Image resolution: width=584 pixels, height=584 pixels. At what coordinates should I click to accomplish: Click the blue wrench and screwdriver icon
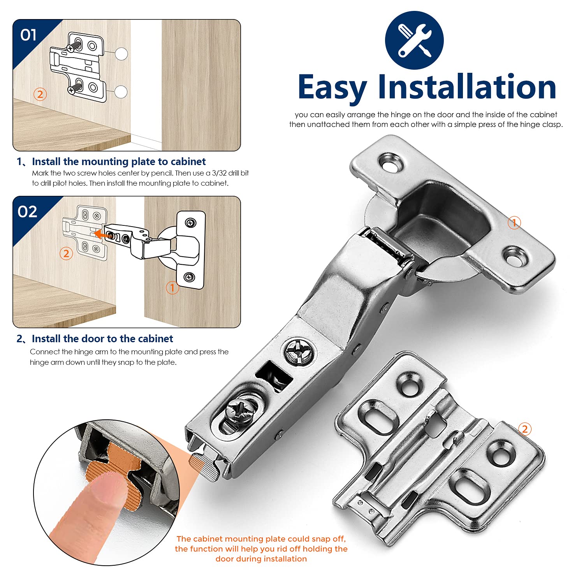click(414, 40)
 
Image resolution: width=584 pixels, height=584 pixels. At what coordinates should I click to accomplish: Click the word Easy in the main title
click(332, 88)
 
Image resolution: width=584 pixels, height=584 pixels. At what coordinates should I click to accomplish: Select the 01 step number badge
click(28, 35)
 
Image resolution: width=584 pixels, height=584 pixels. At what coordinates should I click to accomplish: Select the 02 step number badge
click(27, 212)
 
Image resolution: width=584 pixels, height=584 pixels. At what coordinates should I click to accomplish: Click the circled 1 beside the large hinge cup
click(514, 223)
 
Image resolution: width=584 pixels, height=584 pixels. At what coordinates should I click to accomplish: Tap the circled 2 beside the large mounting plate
click(525, 429)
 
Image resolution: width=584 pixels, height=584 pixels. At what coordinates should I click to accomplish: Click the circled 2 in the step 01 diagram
click(40, 94)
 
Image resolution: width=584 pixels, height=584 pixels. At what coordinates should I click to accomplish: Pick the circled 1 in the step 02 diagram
click(172, 288)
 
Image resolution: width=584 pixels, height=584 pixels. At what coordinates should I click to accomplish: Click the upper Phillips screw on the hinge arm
click(300, 352)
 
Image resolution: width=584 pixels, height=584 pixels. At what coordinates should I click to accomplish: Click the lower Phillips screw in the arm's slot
click(241, 411)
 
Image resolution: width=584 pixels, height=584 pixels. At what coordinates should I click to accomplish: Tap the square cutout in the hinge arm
click(274, 376)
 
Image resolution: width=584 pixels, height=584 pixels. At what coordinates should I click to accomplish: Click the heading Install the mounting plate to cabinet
click(119, 162)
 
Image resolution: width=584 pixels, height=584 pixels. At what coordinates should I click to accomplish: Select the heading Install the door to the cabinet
click(102, 339)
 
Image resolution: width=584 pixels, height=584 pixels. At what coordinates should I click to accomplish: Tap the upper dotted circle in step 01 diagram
click(121, 54)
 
